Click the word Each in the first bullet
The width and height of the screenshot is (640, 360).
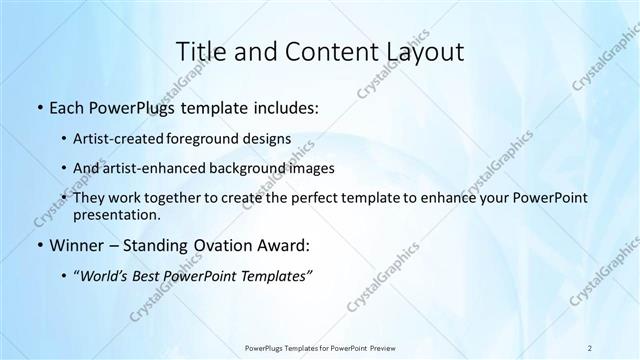coord(67,105)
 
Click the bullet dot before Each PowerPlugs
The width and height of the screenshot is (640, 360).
coord(38,106)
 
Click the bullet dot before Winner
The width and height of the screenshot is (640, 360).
coord(38,246)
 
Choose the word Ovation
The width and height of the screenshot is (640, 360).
coord(225,245)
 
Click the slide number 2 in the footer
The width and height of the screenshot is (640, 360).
coord(590,347)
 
